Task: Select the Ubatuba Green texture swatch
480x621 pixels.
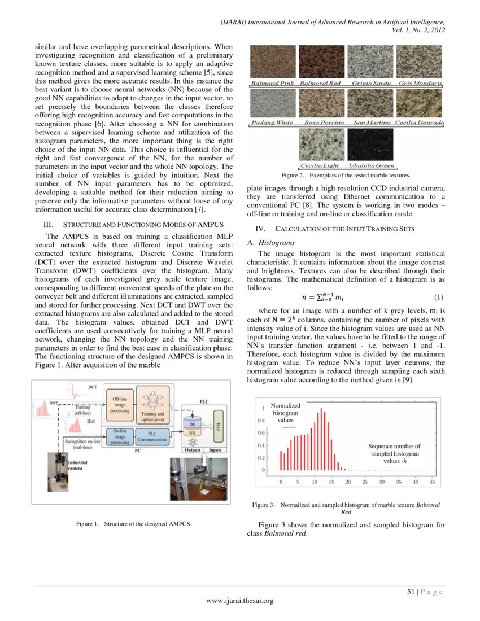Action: click(370, 144)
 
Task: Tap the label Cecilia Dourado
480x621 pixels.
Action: click(419, 123)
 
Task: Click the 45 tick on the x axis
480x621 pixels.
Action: click(432, 482)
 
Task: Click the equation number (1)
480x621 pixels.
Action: click(438, 297)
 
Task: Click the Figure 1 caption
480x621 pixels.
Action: click(134, 524)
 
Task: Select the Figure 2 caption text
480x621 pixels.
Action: click(347, 176)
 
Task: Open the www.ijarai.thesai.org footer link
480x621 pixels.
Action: click(240, 601)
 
